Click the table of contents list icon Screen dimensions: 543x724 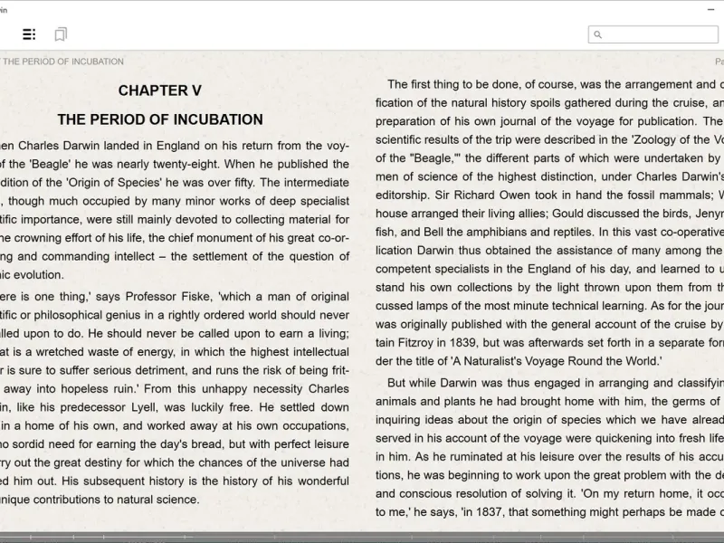tap(29, 34)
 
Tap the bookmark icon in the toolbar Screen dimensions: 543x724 tap(60, 34)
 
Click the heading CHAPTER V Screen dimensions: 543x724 tap(159, 90)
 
